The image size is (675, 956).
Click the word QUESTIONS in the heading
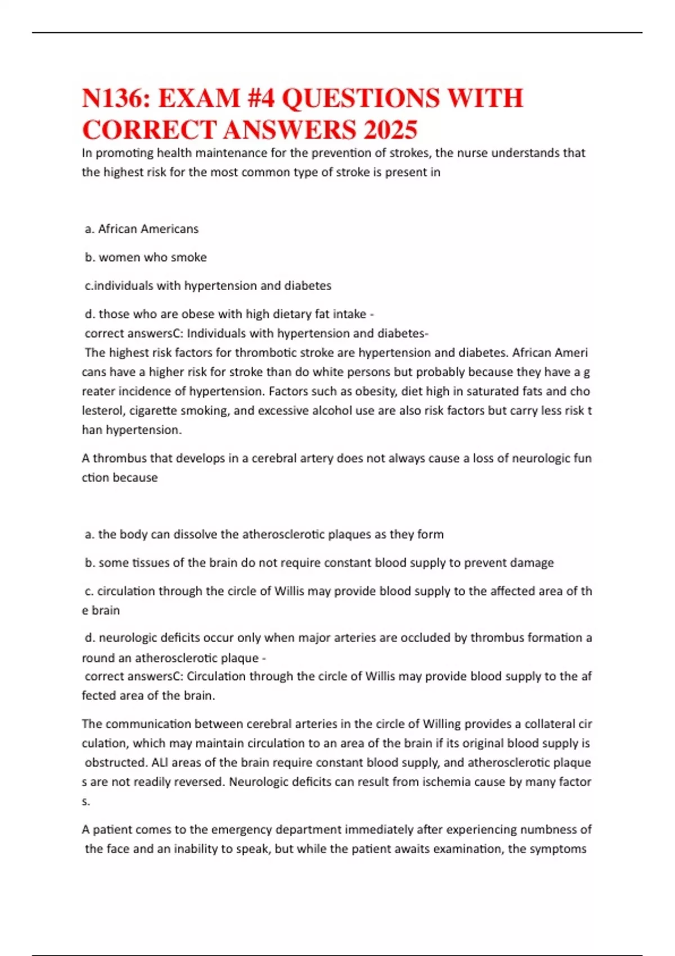tap(360, 99)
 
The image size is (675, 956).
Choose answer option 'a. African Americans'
tap(142, 229)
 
